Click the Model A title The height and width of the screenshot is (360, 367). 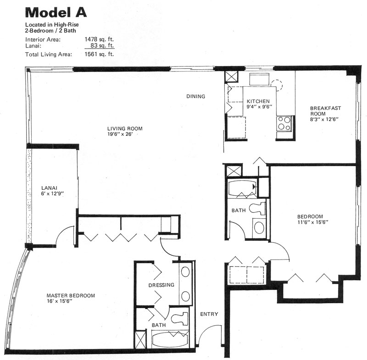click(x=56, y=13)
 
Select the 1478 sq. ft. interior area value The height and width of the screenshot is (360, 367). click(x=99, y=39)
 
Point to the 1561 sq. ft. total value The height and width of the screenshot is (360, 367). click(x=99, y=54)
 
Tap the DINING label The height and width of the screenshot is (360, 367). click(x=196, y=96)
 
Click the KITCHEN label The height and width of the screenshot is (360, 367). click(x=258, y=101)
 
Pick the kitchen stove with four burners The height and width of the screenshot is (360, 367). click(x=284, y=123)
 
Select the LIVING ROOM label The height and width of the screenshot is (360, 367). click(x=125, y=128)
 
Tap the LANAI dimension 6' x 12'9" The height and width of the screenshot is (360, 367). click(x=52, y=194)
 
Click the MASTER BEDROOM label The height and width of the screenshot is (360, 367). click(x=71, y=295)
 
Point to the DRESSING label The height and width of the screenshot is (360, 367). click(x=161, y=285)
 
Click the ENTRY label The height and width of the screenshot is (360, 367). click(x=209, y=314)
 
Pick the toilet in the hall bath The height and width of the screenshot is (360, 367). click(x=257, y=208)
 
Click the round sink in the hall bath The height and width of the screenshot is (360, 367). click(x=259, y=227)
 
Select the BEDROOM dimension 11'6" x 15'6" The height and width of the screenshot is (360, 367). click(x=313, y=222)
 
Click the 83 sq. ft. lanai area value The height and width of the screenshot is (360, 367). click(x=102, y=45)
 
